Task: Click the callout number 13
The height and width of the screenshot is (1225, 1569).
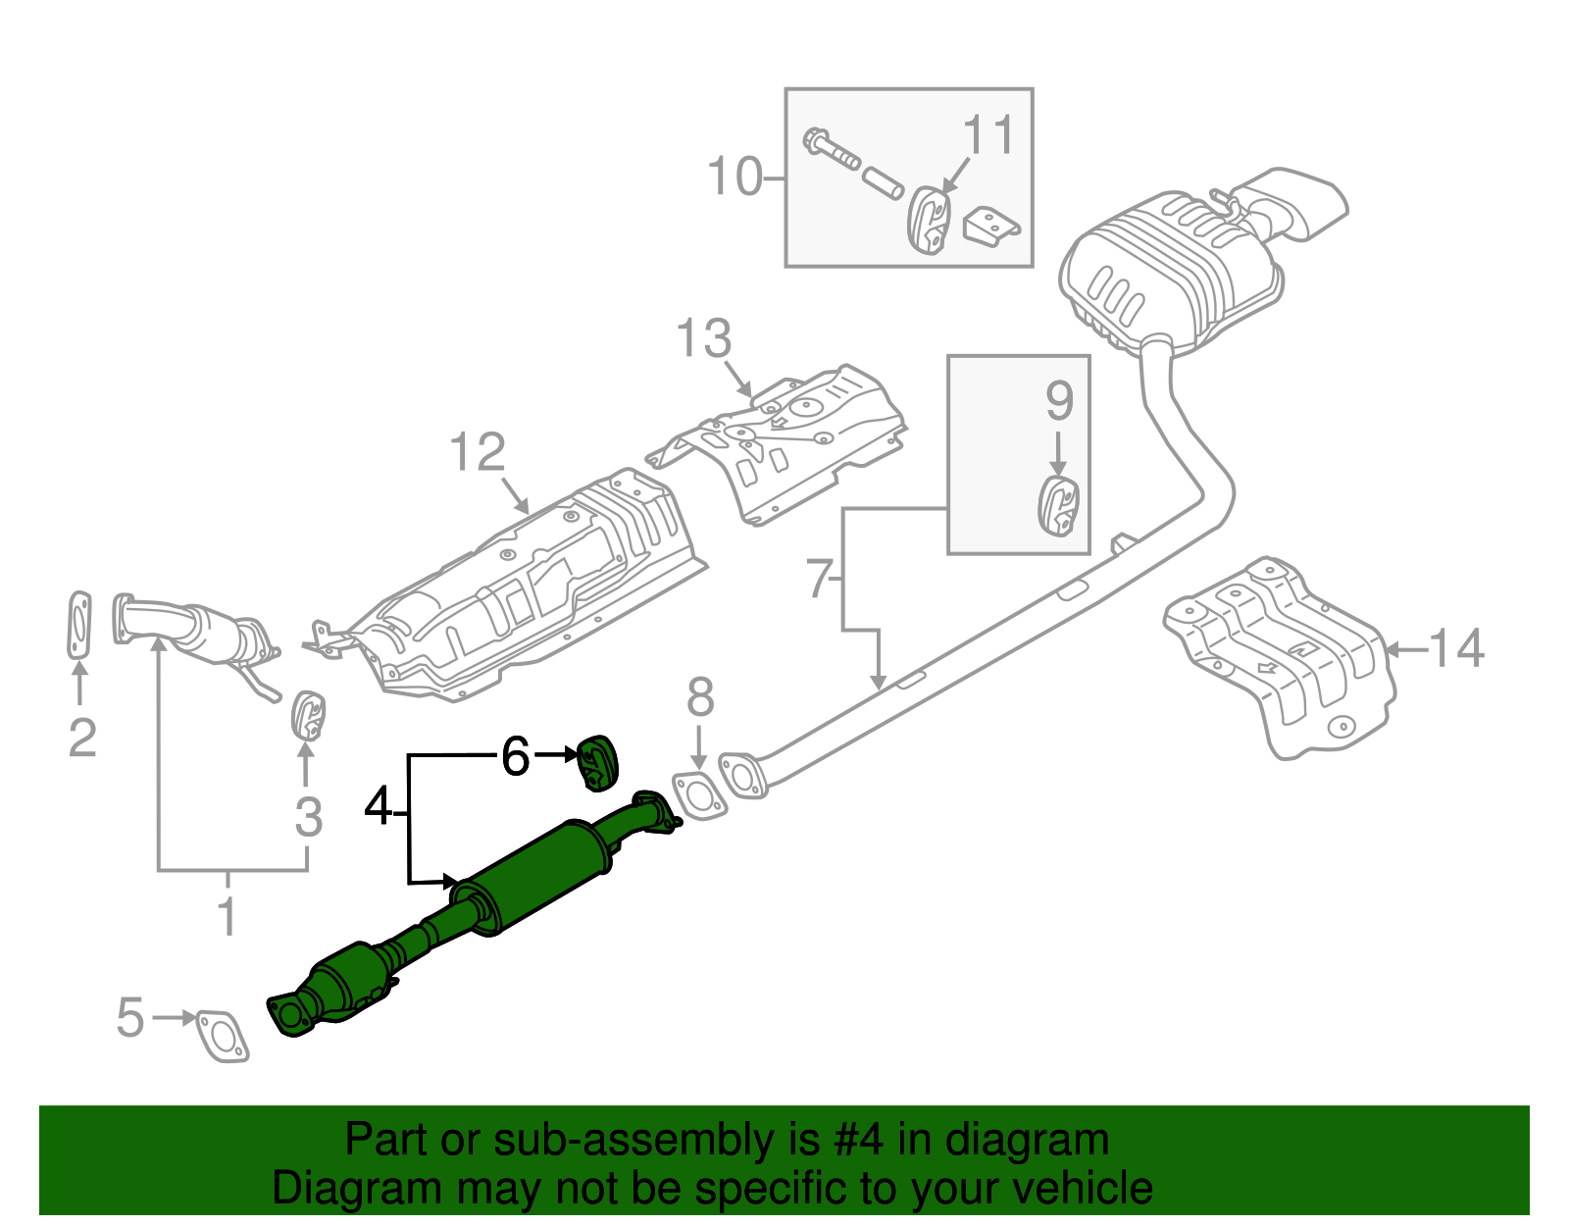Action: (703, 339)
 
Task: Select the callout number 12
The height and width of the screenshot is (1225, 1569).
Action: (478, 453)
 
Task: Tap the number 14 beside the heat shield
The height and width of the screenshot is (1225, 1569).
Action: (1456, 649)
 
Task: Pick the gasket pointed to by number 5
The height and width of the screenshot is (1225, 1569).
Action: (223, 1036)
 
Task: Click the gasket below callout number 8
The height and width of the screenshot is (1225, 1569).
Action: (700, 795)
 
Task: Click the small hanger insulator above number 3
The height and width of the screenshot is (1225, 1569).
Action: (308, 715)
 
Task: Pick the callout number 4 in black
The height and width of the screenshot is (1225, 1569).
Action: (379, 807)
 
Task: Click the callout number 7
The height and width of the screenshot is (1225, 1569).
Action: (820, 579)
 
